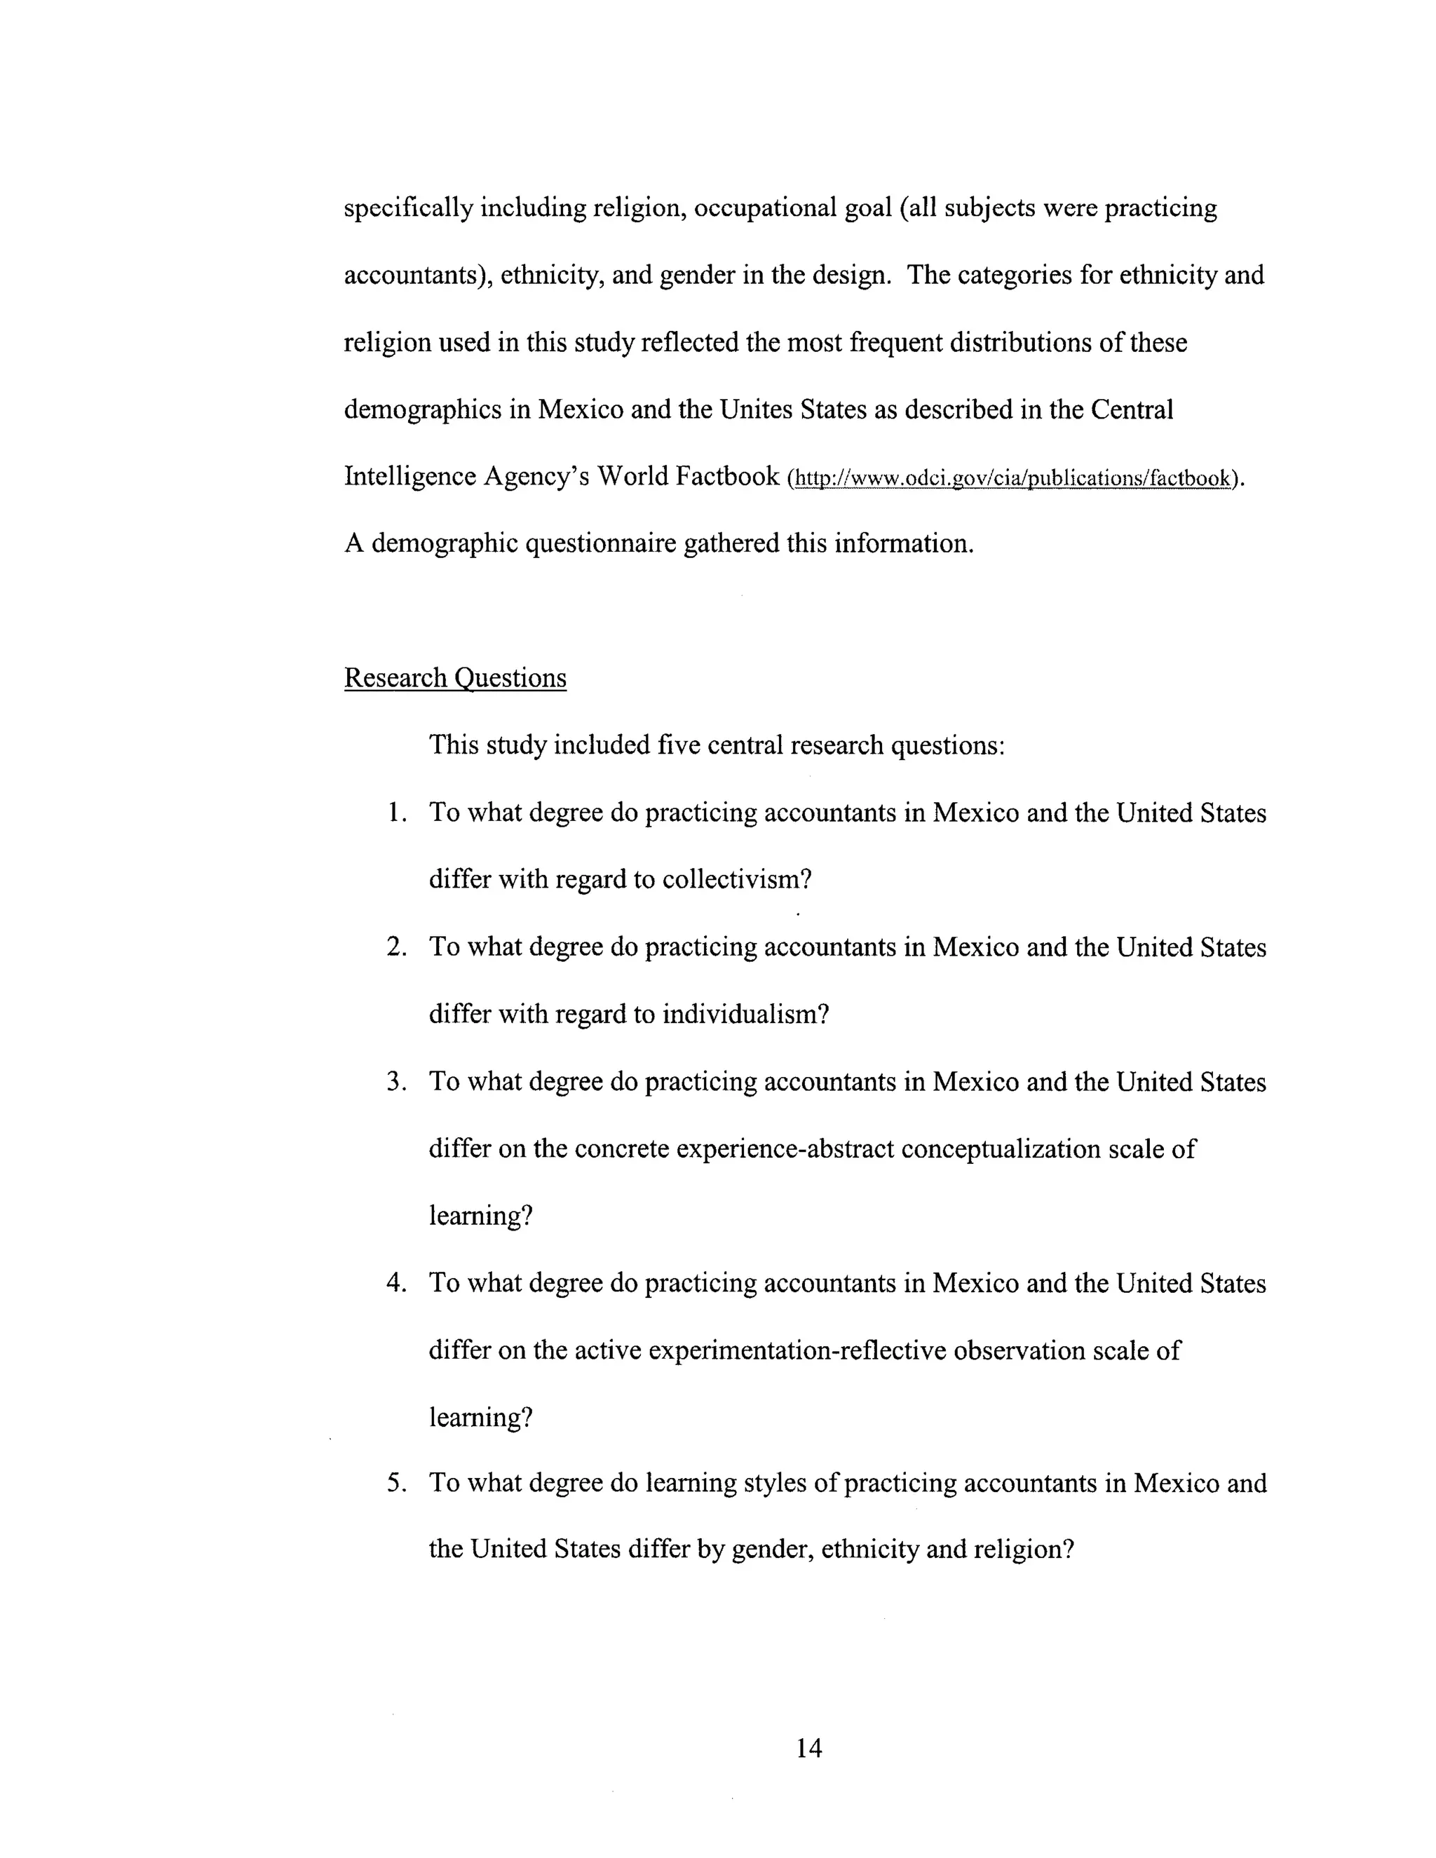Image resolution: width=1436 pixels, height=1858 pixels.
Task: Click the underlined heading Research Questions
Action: click(455, 678)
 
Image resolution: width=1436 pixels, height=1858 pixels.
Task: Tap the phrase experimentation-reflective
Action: click(797, 1350)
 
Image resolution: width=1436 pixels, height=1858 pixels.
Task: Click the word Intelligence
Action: click(410, 476)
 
